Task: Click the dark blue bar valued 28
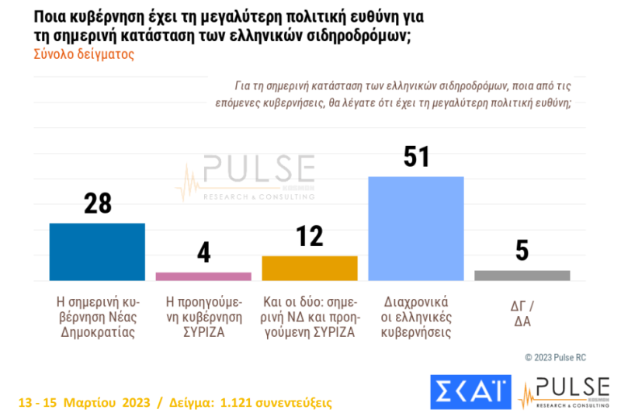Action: (97, 252)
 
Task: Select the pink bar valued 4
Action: (203, 276)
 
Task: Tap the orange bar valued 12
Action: (310, 267)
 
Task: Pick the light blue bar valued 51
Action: (415, 228)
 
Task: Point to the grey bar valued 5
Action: (522, 275)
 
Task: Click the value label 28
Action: (98, 203)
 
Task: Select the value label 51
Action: (416, 157)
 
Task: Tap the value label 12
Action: (310, 236)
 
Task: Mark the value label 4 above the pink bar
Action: (203, 253)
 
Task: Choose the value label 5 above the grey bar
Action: (522, 251)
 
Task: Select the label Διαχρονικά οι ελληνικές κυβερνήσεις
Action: (415, 317)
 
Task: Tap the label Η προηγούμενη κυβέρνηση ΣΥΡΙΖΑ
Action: (203, 317)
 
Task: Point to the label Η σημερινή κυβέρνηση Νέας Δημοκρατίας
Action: (97, 317)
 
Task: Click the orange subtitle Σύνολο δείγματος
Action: (84, 55)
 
